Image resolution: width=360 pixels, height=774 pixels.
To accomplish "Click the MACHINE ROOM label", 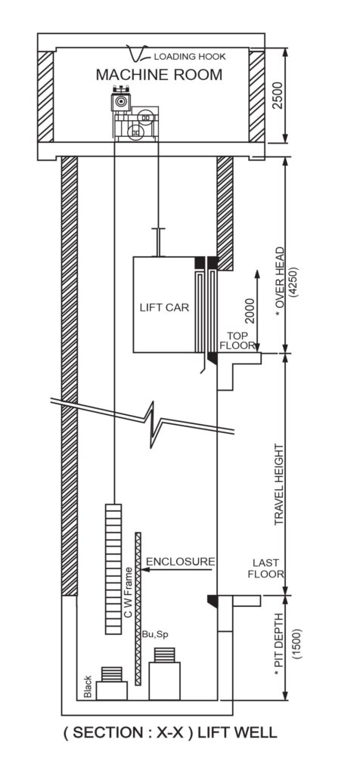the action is tap(159, 75).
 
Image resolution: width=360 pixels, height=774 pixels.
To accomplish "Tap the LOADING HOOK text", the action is tap(190, 57).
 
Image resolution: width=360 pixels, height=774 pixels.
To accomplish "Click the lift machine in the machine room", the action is tap(135, 114).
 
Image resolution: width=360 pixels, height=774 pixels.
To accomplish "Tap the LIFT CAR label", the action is tap(164, 308).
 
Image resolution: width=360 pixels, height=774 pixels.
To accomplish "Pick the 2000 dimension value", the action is tap(250, 311).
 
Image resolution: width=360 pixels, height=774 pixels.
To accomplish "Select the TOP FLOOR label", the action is tap(237, 341).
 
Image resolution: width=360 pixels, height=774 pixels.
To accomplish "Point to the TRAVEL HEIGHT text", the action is tap(280, 485).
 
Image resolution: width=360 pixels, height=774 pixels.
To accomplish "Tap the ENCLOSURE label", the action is tap(181, 562).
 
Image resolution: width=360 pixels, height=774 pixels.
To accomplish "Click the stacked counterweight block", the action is tap(113, 568).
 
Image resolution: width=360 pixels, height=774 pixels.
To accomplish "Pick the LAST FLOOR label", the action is tap(265, 568).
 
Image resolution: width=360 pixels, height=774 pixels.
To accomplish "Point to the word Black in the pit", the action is tap(88, 686).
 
